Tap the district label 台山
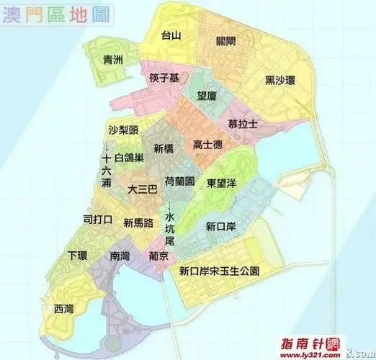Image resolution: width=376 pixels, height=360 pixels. [x=171, y=35]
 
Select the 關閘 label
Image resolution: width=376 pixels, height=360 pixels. [x=226, y=42]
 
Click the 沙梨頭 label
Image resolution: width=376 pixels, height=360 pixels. [x=122, y=130]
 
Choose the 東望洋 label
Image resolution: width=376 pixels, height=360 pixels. [x=222, y=183]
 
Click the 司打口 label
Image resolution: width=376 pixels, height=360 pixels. [x=97, y=220]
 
